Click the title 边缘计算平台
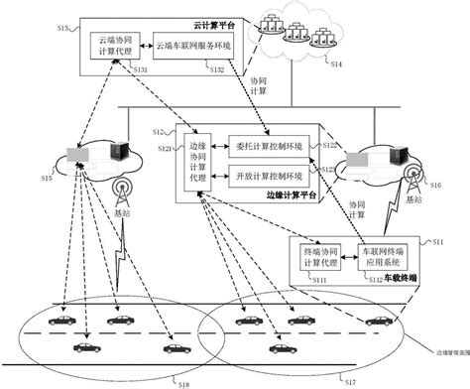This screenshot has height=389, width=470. point(294,196)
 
